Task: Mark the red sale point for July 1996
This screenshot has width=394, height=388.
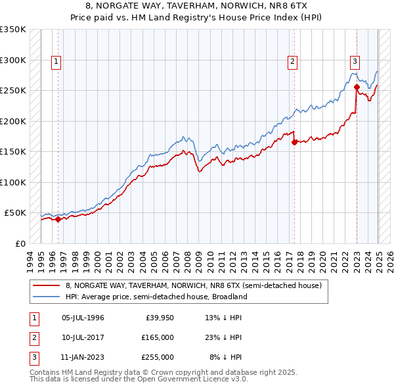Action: point(58,220)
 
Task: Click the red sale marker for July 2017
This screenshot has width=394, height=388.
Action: point(294,142)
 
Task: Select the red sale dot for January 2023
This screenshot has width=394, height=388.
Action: point(357,87)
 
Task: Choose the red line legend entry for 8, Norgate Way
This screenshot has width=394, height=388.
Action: point(193,286)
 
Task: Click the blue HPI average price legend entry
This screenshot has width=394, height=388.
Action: point(156,297)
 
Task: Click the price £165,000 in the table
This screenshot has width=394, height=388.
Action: point(158,338)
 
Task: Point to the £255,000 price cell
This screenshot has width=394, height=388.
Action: point(158,357)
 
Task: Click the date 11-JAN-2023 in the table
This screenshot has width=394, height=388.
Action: point(83,357)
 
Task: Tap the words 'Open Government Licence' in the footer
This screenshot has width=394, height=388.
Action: point(183,379)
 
